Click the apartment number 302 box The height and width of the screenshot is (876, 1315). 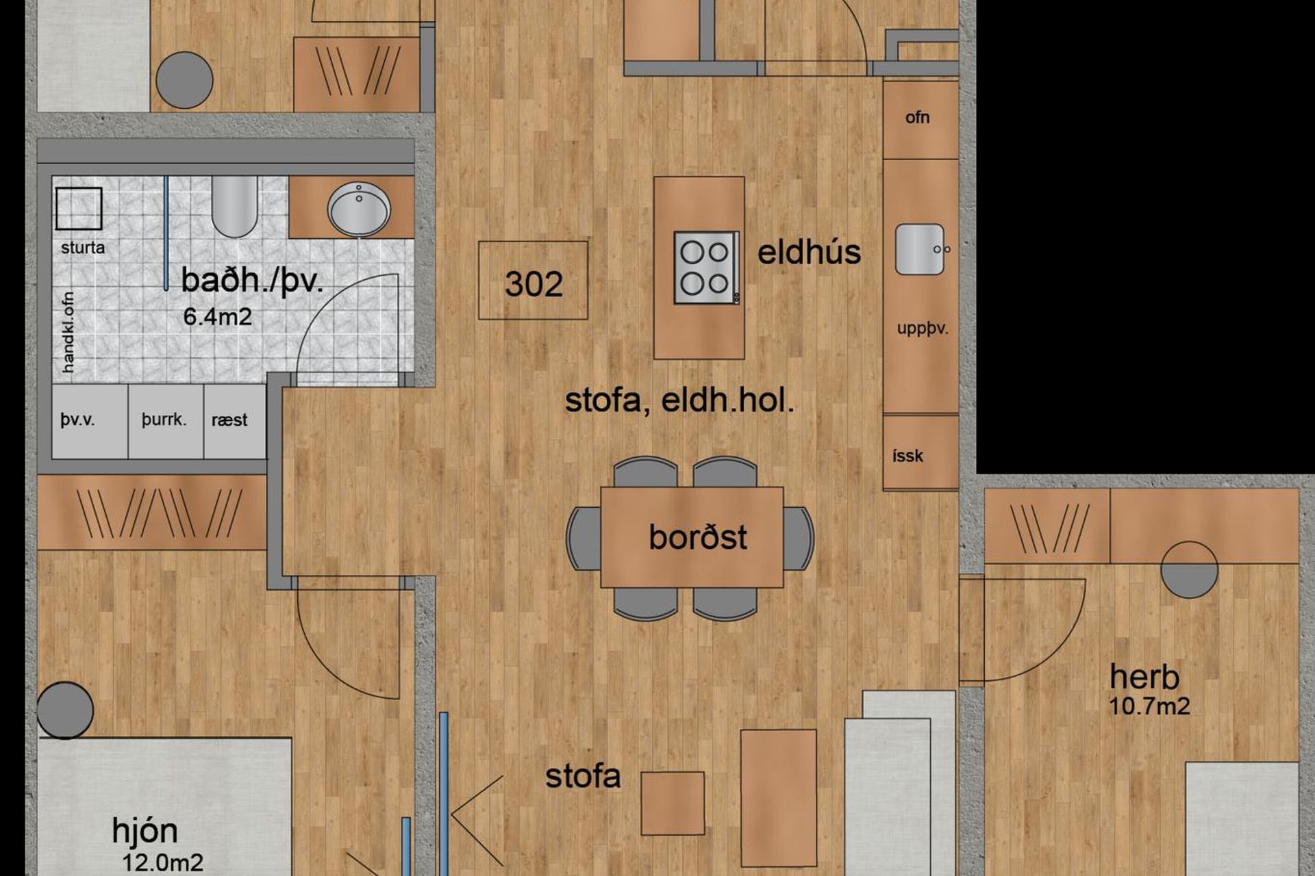click(x=533, y=280)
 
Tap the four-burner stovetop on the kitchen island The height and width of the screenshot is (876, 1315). click(x=707, y=268)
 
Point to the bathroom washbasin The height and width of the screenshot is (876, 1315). click(x=358, y=209)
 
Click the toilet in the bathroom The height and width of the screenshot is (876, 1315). click(x=234, y=206)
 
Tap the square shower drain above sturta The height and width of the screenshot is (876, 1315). click(x=79, y=209)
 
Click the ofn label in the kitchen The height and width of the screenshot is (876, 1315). click(x=917, y=118)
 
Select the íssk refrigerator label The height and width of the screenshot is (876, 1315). click(x=907, y=456)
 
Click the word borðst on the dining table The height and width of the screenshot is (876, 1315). click(x=697, y=537)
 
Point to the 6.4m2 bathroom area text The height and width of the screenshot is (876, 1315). click(x=217, y=317)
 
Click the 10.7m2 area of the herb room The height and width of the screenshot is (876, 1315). click(x=1149, y=706)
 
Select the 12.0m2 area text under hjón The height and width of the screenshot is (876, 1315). click(x=162, y=862)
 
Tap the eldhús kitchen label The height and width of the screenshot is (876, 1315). click(x=809, y=252)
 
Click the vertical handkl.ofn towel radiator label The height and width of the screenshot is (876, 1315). click(x=68, y=333)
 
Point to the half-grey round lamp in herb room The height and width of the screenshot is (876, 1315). click(x=1189, y=569)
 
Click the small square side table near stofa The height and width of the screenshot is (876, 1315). click(x=673, y=803)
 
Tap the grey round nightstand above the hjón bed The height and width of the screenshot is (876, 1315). click(x=65, y=710)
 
